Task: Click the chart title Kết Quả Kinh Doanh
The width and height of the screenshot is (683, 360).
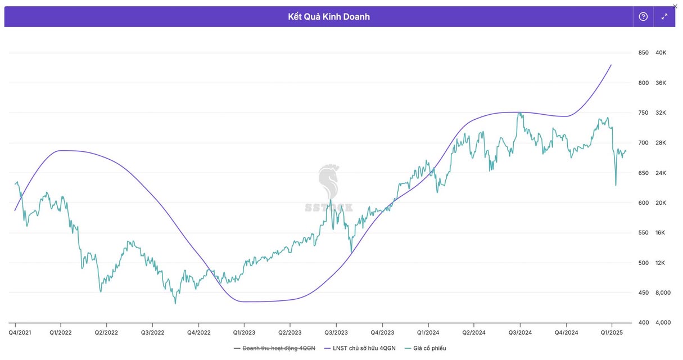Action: pyautogui.click(x=329, y=17)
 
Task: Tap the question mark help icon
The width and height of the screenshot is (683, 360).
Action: pyautogui.click(x=644, y=17)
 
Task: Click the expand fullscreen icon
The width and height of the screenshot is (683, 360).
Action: pyautogui.click(x=664, y=17)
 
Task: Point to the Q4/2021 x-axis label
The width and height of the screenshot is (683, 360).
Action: pyautogui.click(x=20, y=332)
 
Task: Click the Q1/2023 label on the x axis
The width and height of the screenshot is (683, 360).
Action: pyautogui.click(x=243, y=332)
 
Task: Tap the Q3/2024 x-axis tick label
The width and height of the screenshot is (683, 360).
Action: pyautogui.click(x=519, y=332)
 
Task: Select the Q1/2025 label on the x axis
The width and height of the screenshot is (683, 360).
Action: pyautogui.click(x=612, y=332)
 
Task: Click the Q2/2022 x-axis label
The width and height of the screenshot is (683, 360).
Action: pyautogui.click(x=106, y=332)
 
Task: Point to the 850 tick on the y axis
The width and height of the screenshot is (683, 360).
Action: pyautogui.click(x=643, y=53)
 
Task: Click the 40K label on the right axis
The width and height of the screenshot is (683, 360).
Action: pyautogui.click(x=661, y=53)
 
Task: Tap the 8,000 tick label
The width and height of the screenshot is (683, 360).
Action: pyautogui.click(x=663, y=293)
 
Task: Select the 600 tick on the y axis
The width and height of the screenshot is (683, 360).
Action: pyautogui.click(x=643, y=203)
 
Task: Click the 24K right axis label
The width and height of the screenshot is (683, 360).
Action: pyautogui.click(x=661, y=173)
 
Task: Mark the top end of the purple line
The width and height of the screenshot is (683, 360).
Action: pyautogui.click(x=611, y=65)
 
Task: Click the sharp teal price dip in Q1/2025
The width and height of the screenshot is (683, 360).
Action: pyautogui.click(x=616, y=186)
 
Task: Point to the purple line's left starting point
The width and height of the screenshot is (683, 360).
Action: pyautogui.click(x=15, y=210)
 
